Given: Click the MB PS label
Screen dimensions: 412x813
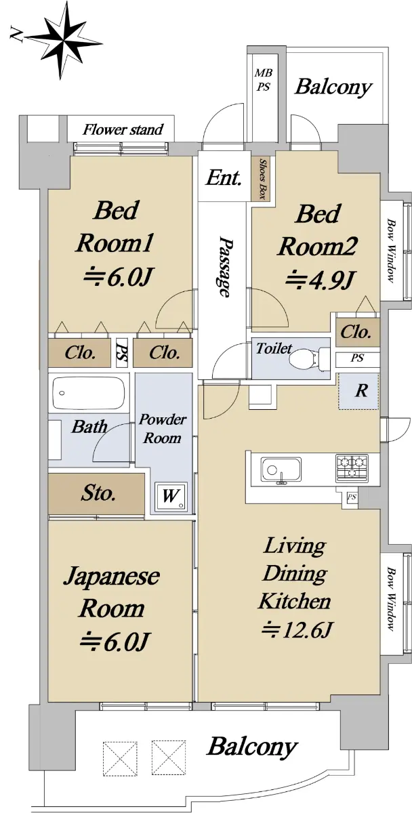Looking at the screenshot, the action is pos(263,80).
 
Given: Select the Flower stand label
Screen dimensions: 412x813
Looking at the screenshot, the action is pos(123,129).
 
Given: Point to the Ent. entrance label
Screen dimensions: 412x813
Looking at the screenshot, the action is pos(224,178).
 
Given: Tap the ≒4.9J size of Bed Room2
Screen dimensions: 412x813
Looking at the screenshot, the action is pos(320,280).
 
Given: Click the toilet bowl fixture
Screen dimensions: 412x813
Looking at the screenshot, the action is pos(309,359).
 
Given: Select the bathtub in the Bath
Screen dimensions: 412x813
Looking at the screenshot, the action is pos(89,394).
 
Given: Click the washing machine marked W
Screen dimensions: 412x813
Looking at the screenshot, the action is pos(171,497).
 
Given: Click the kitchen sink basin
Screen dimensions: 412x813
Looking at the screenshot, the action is pos(281,470).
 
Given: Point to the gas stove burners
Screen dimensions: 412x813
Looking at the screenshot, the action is pos(352,468).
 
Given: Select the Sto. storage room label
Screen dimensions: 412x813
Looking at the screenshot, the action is pos(99,493).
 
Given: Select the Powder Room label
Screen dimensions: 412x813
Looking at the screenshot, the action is pos(162,429).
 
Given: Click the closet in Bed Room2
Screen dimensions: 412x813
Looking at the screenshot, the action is pos(357,331).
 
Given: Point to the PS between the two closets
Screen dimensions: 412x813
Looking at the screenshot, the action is pos(122,352).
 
